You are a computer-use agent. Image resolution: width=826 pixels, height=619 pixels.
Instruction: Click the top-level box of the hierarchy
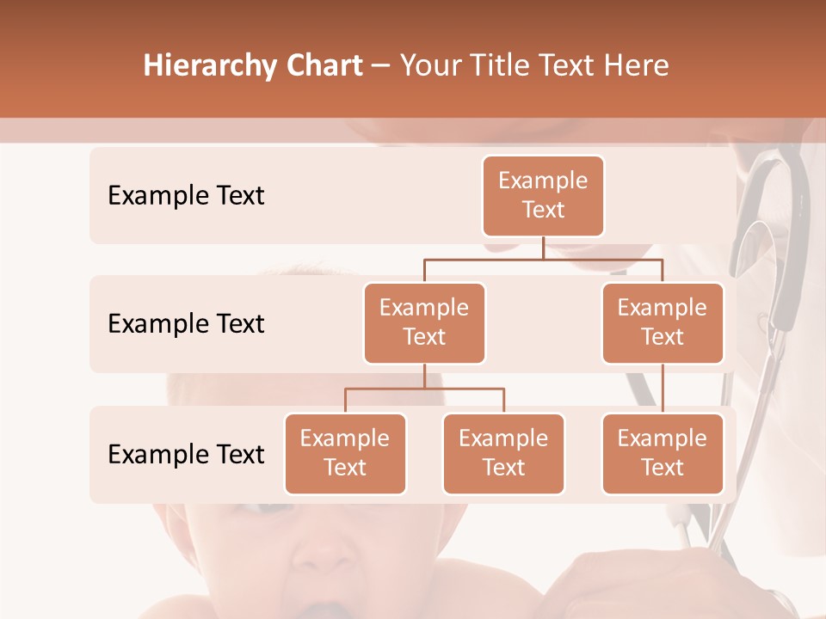coord(543,196)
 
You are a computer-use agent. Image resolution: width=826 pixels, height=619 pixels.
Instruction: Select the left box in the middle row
coord(424,323)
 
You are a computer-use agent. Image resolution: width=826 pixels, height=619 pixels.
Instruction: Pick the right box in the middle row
coord(663,323)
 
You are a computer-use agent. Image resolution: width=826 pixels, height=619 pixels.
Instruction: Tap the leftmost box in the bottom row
coord(345,454)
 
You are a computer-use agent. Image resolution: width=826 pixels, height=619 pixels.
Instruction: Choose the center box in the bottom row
coord(503,454)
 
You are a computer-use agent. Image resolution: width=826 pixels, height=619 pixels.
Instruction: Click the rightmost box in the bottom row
coord(663,454)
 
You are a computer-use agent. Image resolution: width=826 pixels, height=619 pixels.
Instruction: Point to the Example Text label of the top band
coord(186,196)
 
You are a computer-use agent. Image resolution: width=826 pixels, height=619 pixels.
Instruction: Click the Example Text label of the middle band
coord(186,324)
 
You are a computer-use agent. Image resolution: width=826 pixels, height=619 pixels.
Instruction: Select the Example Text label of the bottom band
coord(186,454)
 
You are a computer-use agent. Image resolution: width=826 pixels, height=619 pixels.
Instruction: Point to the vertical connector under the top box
coord(543,248)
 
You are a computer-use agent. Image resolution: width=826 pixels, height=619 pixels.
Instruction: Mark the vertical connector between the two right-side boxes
coord(663,389)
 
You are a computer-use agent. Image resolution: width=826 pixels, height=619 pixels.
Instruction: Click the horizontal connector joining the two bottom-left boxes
coord(424,389)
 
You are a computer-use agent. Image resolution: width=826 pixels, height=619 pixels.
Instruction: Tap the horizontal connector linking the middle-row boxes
coord(543,259)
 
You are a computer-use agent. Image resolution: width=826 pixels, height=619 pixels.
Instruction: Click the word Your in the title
coord(429,66)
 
